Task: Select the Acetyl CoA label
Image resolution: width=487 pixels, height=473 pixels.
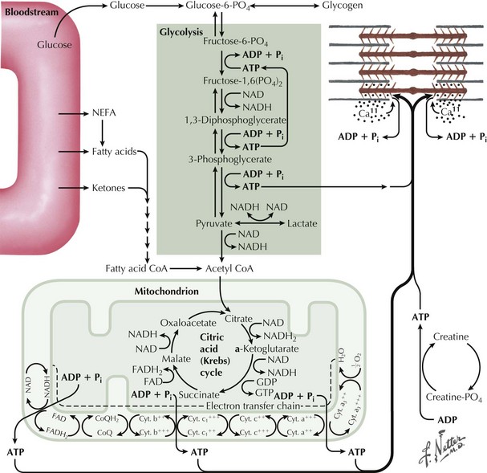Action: click(x=220, y=270)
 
